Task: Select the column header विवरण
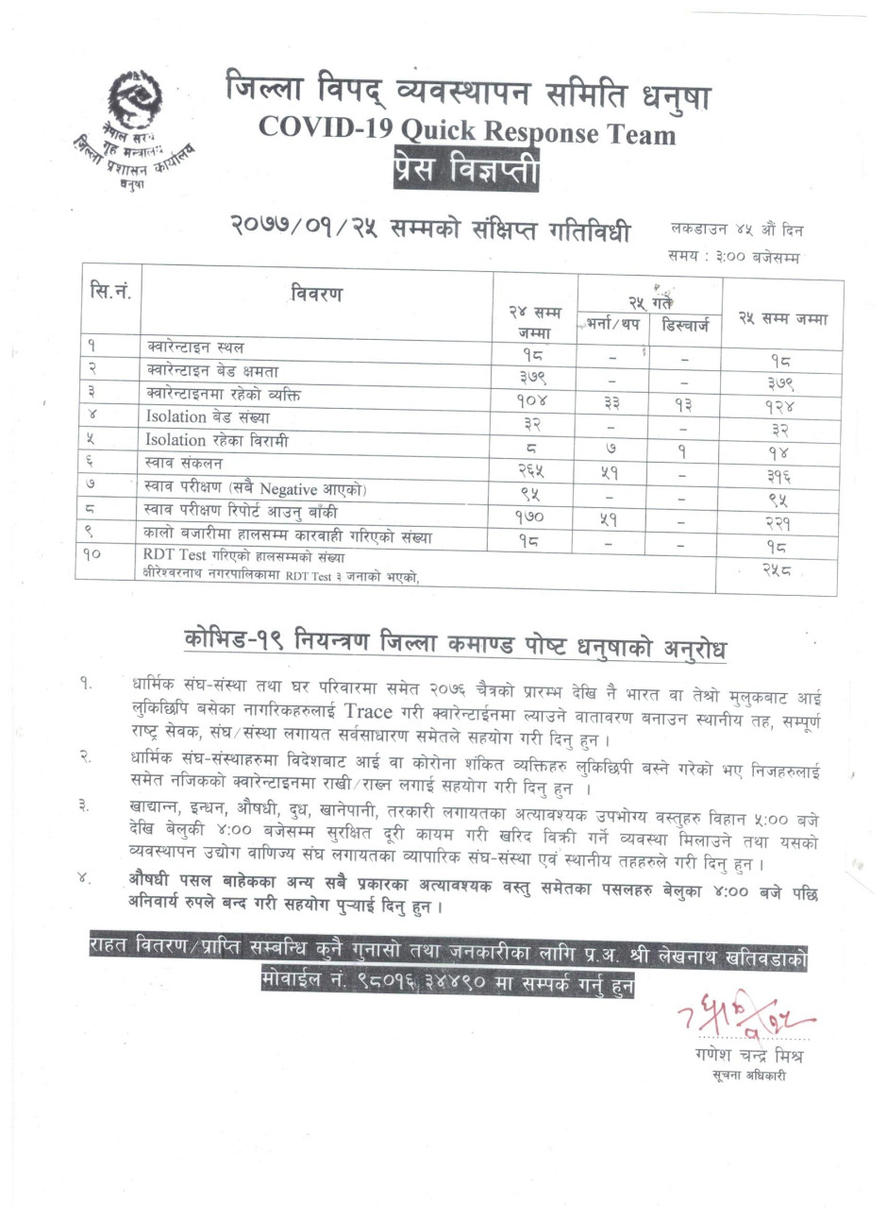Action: coord(317,294)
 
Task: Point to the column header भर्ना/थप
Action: coord(614,325)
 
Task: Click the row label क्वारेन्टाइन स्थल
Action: coord(193,348)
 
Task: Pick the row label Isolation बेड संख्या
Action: coord(207,416)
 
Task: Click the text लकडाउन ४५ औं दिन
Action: coord(737,229)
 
